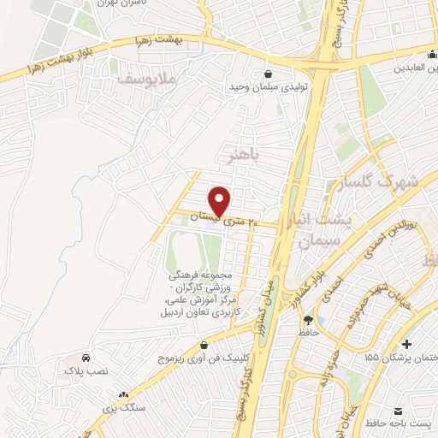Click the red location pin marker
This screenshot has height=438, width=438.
click(x=220, y=201)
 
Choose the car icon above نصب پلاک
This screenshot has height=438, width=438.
click(x=86, y=358)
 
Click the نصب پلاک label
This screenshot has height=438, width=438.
click(x=86, y=371)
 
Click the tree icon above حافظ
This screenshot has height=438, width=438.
click(x=306, y=319)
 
